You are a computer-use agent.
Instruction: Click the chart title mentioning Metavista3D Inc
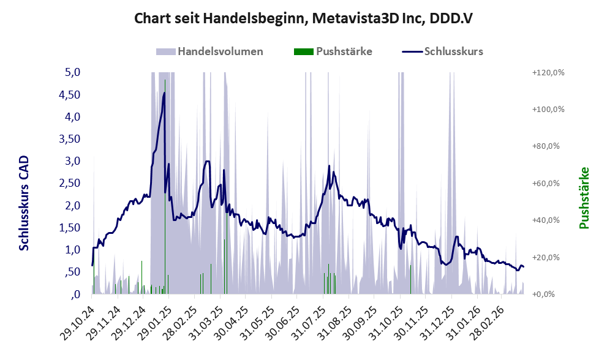coord(303,18)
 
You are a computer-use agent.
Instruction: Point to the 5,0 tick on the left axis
coord(73,72)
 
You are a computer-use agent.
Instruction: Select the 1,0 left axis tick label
coord(73,250)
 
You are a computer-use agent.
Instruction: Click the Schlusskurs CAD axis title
coord(24,203)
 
